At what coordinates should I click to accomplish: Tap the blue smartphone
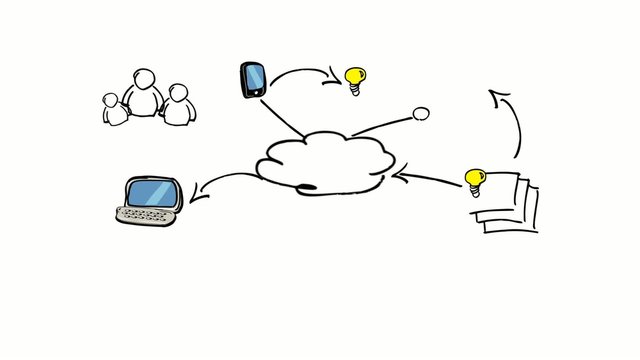[253, 79]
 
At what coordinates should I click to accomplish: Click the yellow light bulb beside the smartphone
[354, 75]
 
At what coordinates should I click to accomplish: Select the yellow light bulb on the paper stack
[474, 179]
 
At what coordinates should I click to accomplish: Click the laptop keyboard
[146, 215]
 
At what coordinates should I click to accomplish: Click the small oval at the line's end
[421, 114]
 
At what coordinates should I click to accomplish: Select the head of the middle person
[146, 79]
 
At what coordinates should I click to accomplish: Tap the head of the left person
[112, 100]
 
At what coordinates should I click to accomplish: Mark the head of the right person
[178, 93]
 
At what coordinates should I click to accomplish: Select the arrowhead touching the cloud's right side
[398, 176]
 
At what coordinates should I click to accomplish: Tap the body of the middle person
[146, 102]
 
